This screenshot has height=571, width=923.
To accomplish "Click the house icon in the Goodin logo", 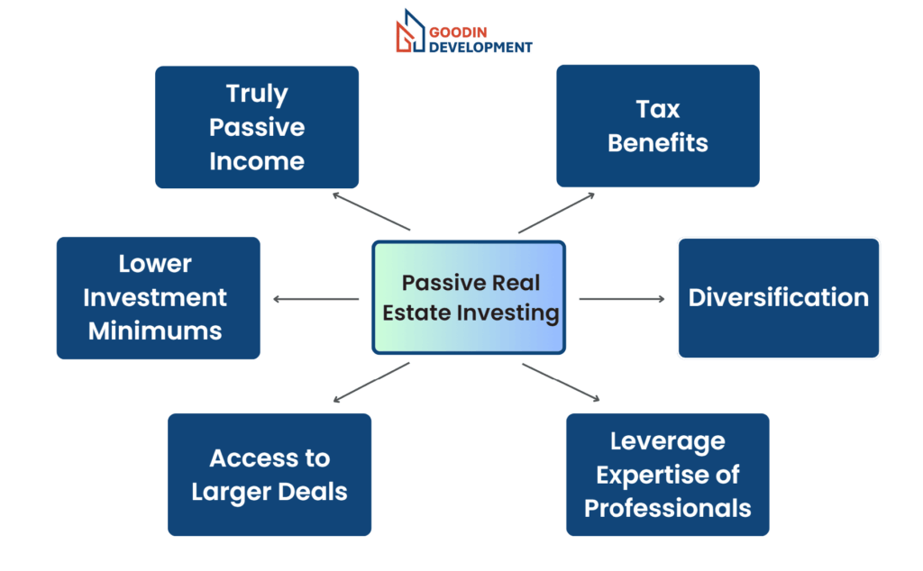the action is (x=410, y=32).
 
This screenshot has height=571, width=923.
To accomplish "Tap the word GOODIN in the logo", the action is (x=458, y=32).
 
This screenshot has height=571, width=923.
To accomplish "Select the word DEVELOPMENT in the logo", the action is (x=480, y=47).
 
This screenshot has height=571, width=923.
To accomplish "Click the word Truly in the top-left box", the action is (x=257, y=94).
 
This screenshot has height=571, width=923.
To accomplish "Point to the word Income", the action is (x=257, y=161).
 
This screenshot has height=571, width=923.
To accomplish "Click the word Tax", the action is (x=657, y=109).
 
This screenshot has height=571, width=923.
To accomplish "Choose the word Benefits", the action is (x=657, y=143).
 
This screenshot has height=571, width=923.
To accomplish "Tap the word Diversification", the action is (x=778, y=297).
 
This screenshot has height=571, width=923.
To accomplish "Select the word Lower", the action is (x=155, y=264).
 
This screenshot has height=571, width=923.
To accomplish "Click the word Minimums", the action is (x=155, y=331).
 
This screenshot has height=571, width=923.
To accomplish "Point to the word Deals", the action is (x=312, y=492).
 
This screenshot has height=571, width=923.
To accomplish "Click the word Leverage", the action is (x=668, y=442).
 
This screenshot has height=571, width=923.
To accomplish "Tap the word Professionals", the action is (x=668, y=508).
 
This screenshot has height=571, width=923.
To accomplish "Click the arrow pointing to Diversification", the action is (x=622, y=299).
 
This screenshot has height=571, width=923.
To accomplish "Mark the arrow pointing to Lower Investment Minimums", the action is (x=315, y=299).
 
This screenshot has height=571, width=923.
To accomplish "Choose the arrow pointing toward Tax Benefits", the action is (x=556, y=213).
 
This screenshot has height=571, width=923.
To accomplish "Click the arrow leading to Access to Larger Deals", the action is (x=370, y=382).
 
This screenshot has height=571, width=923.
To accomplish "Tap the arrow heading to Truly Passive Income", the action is (x=370, y=211).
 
